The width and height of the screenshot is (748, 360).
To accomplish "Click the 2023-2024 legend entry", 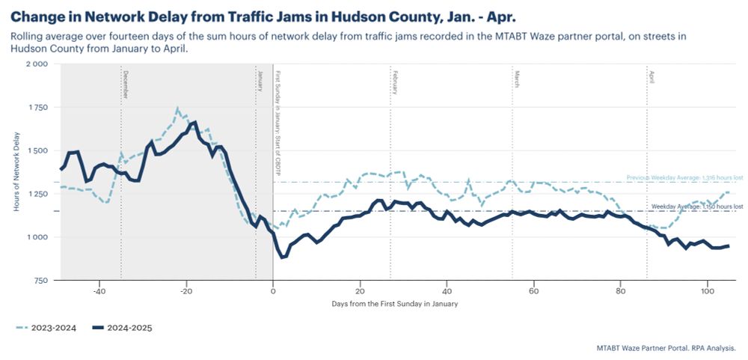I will click(x=49, y=327).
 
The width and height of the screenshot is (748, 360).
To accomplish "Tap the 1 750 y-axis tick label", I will click(x=37, y=108).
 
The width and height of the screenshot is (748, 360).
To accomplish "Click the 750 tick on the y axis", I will click(x=40, y=281).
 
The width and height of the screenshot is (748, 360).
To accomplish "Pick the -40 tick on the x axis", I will click(x=98, y=291).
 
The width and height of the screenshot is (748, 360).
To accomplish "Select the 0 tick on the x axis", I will click(x=273, y=291).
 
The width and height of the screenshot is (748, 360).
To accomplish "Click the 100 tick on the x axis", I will click(x=707, y=291).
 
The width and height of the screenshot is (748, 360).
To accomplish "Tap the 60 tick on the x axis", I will click(x=533, y=291).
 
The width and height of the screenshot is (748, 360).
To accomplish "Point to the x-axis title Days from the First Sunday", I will click(x=394, y=304).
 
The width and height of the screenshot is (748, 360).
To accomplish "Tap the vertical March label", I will click(x=517, y=79).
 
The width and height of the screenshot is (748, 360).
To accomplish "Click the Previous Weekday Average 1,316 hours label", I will click(x=684, y=177).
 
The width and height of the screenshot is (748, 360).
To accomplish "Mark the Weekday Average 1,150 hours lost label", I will click(x=696, y=206).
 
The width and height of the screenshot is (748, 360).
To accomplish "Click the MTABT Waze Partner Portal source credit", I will click(x=666, y=348).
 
